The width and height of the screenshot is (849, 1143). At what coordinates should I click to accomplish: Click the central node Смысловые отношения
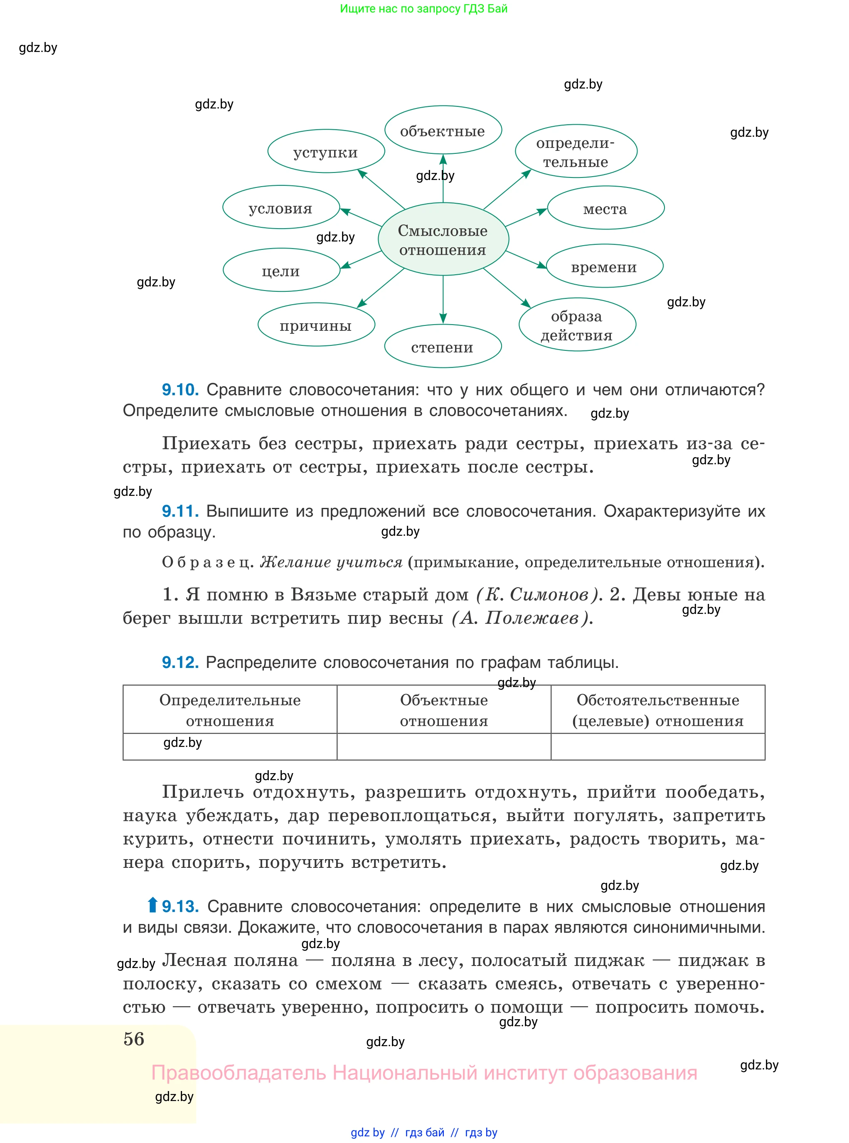443,239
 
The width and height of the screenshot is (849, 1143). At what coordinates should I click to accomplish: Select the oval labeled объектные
443,131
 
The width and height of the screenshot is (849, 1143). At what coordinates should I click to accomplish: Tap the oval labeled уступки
326,152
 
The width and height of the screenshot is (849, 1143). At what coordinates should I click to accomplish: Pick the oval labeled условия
281,208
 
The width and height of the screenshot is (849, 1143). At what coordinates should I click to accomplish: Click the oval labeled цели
281,270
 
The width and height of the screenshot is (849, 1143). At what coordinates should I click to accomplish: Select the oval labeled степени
443,346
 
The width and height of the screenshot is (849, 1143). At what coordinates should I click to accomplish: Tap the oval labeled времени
604,266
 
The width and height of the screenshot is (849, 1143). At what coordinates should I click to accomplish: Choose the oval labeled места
605,208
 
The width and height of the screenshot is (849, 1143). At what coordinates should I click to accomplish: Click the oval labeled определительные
576,152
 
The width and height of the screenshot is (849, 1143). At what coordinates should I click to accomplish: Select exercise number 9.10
180,389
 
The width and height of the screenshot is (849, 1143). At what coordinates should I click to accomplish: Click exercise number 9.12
180,662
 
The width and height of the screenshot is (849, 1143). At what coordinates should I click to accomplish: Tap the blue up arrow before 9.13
152,904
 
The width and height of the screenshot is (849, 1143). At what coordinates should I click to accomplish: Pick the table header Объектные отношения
444,710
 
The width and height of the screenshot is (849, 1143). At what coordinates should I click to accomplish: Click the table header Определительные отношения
230,710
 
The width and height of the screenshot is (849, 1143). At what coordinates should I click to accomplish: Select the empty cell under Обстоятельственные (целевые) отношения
658,746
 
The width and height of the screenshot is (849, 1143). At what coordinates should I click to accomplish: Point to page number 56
134,1039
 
